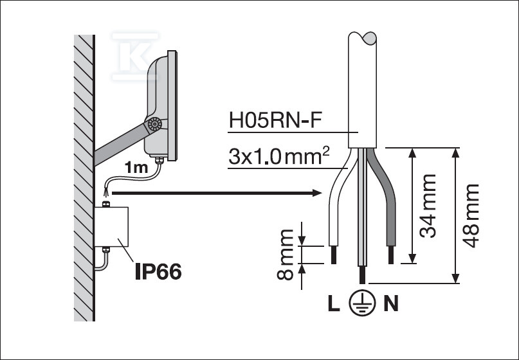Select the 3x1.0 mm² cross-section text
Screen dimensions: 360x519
[273, 157]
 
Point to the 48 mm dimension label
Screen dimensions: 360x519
[472, 215]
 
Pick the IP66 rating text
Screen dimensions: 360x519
[158, 272]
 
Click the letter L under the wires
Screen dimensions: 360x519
[333, 303]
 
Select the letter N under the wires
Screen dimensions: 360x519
[390, 303]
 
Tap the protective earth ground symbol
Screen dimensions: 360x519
[361, 304]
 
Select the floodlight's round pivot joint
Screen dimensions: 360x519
[154, 125]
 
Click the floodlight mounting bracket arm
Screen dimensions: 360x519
[119, 144]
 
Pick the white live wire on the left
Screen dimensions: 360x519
[335, 206]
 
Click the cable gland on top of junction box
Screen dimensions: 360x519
[107, 204]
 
